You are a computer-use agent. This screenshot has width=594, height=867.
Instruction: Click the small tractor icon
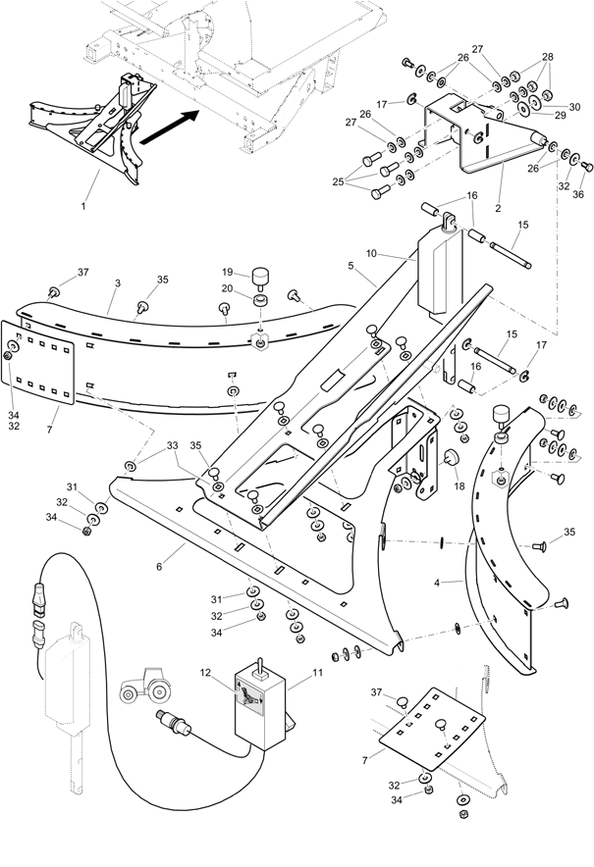click(x=144, y=686)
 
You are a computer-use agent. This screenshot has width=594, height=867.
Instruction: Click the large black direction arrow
click(x=170, y=127)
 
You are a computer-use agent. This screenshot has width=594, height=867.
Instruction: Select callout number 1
click(x=83, y=206)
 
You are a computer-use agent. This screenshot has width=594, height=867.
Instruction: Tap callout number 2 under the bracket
click(x=498, y=209)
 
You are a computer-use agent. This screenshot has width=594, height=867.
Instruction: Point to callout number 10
click(x=371, y=253)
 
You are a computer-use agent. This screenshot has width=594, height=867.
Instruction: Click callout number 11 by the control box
click(x=317, y=673)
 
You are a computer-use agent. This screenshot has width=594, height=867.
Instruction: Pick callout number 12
click(x=206, y=673)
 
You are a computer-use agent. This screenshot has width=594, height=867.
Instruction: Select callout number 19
click(x=228, y=272)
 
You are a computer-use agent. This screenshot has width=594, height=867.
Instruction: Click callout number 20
click(x=228, y=288)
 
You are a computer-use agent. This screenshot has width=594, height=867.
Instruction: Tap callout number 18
click(x=459, y=486)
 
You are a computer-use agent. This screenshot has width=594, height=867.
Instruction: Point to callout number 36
click(x=578, y=194)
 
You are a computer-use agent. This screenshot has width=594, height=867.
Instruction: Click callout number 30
click(x=574, y=107)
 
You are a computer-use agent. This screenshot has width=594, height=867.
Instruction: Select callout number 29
click(x=561, y=116)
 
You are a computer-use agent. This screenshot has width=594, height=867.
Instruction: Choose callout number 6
click(x=159, y=567)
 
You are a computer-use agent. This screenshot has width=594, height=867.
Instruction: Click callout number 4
click(x=437, y=583)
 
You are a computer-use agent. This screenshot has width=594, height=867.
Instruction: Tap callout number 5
click(x=351, y=266)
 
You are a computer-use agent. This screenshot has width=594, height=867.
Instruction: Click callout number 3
click(x=118, y=283)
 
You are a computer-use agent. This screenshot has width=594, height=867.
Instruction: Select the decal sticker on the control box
click(x=249, y=699)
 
